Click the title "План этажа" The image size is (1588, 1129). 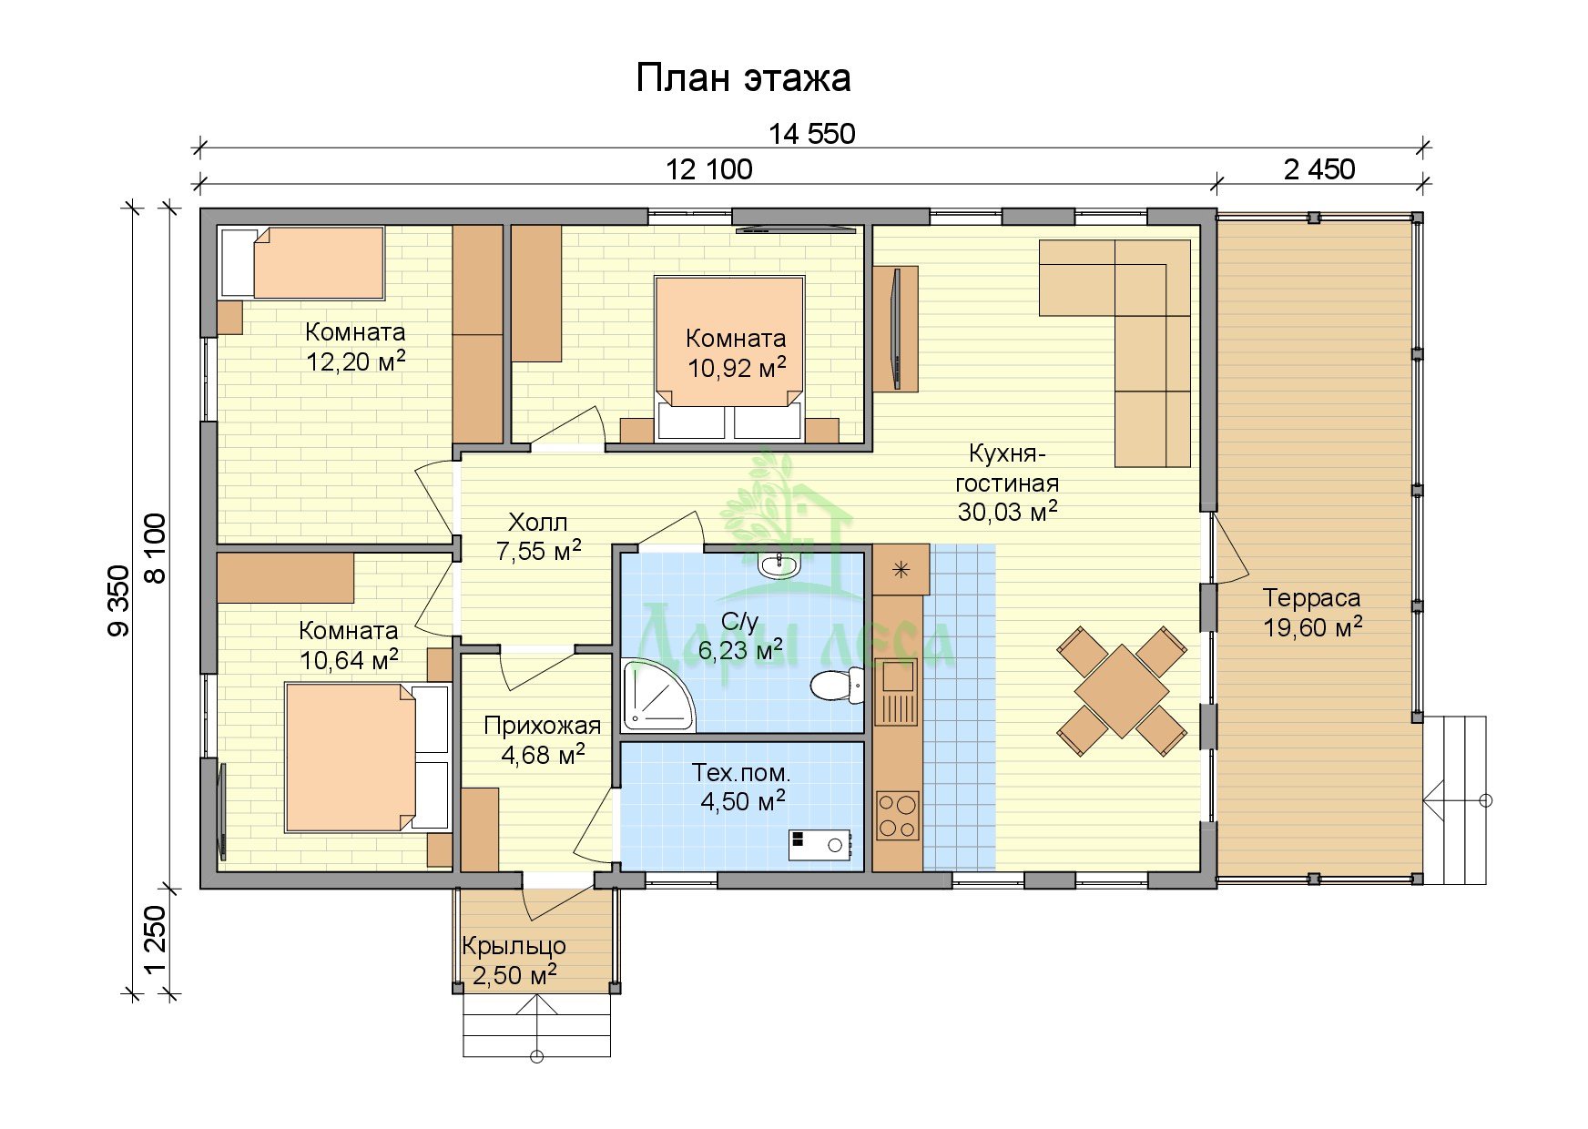[x=743, y=78]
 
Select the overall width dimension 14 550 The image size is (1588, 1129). [x=811, y=134]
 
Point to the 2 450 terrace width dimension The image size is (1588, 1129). [x=1319, y=169]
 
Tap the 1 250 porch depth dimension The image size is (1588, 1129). [x=156, y=940]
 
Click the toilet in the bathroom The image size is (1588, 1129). [x=837, y=684]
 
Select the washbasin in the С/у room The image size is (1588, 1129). [x=778, y=564]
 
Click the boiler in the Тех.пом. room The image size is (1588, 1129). [x=819, y=845]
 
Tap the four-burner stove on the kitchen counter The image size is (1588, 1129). [x=898, y=815]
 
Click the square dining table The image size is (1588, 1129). [x=1122, y=690]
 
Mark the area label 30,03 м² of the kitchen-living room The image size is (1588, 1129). [x=1007, y=511]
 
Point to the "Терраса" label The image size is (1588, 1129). [x=1311, y=598]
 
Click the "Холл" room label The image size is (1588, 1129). [x=537, y=523]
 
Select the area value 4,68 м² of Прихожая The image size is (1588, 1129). [x=543, y=755]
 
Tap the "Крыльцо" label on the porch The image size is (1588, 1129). [x=514, y=947]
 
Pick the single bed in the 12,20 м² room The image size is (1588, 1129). [x=302, y=263]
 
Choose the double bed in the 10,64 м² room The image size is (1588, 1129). [x=367, y=758]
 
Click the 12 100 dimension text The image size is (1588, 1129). [x=709, y=169]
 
